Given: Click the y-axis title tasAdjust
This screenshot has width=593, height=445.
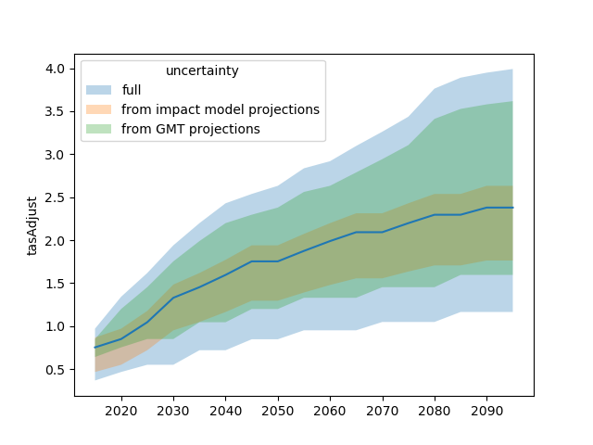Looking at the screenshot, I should point(32,225).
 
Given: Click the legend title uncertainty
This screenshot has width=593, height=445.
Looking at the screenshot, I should point(203,71).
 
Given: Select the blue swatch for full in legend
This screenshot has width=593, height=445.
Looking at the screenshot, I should point(99,90).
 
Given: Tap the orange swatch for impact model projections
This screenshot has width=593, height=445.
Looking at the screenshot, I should point(99,109).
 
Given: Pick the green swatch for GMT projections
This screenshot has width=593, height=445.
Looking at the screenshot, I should point(99,129).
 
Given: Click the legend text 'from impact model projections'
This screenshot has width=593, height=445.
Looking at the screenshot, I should point(221,109).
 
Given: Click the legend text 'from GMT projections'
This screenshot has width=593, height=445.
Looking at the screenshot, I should point(191,129).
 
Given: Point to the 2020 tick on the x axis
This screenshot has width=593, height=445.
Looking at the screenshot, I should point(121,411).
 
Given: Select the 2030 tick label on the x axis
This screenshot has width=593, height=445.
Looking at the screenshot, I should point(173,411).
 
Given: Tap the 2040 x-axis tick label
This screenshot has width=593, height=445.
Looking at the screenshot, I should point(225,411).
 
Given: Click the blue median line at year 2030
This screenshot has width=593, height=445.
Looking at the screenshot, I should point(173,298).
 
